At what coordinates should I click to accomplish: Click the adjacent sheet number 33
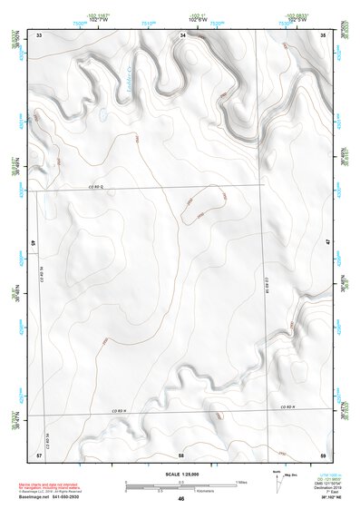pos(39,34)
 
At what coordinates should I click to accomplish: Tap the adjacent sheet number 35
pos(325,34)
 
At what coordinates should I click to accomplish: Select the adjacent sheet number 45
pos(33,243)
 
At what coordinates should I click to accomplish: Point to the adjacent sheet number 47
pos(327,243)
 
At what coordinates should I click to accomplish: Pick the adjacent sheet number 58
pos(181,453)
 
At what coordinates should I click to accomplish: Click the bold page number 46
pos(181,499)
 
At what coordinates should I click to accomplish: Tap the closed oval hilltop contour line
pos(202,204)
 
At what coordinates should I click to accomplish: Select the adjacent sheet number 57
pos(39,453)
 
